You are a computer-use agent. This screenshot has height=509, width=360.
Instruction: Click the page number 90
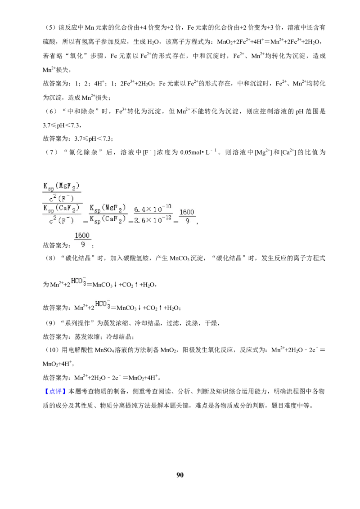[x=180, y=475]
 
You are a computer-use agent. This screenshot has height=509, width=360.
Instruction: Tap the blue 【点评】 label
[x=55, y=392]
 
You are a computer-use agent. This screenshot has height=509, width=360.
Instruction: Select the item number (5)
[x=49, y=27]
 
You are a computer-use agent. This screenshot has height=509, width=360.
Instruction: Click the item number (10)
[x=51, y=350]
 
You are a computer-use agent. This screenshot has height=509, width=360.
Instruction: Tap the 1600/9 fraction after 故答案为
[x=82, y=240]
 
